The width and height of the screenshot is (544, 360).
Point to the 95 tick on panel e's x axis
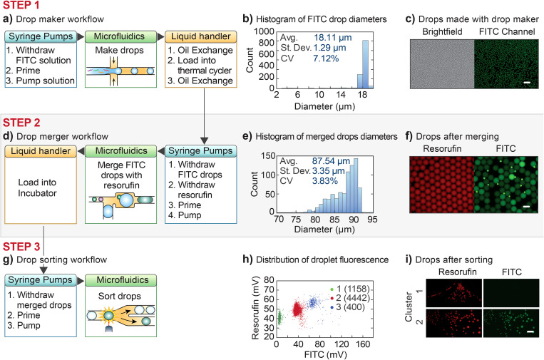(384, 218)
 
